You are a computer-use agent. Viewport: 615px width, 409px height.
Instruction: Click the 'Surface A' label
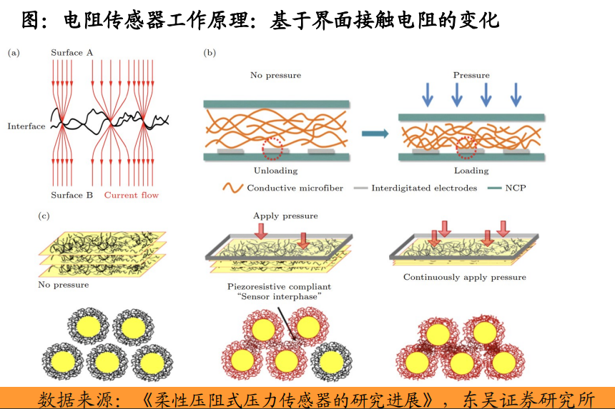tap(72, 53)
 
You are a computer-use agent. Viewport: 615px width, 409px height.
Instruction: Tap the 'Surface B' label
tap(72, 195)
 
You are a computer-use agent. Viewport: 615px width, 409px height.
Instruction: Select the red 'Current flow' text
tap(132, 195)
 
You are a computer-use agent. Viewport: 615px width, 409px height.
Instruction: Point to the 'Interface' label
tap(26, 126)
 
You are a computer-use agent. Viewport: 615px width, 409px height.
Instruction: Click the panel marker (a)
tap(14, 53)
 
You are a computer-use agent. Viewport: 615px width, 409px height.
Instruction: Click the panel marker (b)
tap(210, 53)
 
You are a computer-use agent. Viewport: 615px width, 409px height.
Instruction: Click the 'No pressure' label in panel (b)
tap(275, 75)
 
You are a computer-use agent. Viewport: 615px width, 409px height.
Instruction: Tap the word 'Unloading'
tap(275, 171)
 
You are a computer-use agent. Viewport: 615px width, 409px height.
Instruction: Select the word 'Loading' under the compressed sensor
tap(471, 171)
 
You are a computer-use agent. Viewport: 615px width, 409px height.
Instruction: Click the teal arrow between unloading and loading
tap(375, 133)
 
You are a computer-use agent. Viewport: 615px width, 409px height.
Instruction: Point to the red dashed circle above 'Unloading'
tap(272, 148)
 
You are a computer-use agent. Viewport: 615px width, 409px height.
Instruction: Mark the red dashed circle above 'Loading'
tap(466, 148)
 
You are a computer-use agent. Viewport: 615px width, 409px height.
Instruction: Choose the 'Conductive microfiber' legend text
tap(295, 188)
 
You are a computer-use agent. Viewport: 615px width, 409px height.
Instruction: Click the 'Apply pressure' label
tap(285, 216)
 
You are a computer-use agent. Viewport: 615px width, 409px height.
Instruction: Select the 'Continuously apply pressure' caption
tap(464, 277)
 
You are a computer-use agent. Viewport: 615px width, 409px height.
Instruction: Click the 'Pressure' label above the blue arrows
tap(471, 75)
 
